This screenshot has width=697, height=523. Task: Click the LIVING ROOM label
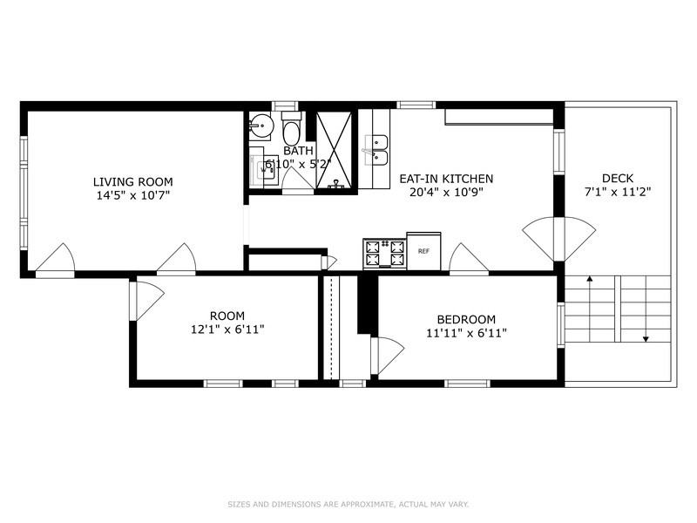(x=133, y=182)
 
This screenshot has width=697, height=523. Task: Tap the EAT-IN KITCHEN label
(x=446, y=179)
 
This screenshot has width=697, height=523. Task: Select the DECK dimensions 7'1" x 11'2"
(x=618, y=192)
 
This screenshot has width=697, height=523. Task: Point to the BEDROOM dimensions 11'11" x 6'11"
(x=466, y=333)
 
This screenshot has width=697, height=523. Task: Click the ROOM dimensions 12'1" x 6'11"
(x=227, y=329)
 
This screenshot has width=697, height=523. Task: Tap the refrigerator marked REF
(x=423, y=251)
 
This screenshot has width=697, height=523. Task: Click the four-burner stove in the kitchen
(x=385, y=254)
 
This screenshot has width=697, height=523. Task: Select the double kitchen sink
(x=376, y=150)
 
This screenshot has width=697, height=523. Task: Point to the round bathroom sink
(x=260, y=126)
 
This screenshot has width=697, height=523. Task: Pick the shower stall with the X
(x=334, y=150)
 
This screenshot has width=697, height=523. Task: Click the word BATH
(x=298, y=151)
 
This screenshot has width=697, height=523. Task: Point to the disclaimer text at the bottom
(x=348, y=505)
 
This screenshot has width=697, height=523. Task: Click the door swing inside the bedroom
(x=387, y=355)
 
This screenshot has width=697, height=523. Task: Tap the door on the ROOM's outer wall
(x=147, y=301)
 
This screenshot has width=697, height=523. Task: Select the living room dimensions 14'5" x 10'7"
(x=133, y=195)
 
